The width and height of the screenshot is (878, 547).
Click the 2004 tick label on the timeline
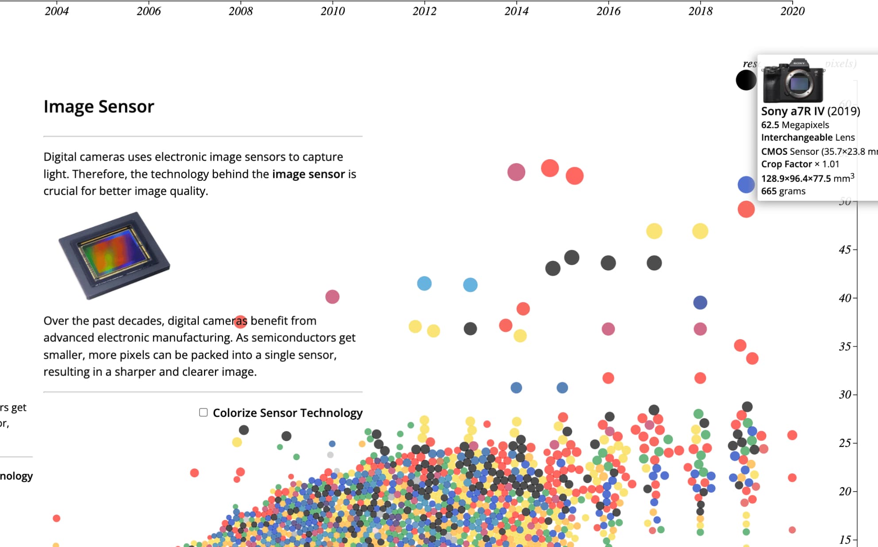tap(57, 11)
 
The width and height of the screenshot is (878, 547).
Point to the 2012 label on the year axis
tap(424, 11)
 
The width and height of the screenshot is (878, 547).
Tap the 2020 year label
tap(792, 11)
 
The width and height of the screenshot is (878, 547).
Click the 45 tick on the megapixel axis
tap(845, 250)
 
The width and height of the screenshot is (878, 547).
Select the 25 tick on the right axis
tap(845, 443)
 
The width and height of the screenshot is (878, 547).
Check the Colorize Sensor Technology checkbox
tap(204, 413)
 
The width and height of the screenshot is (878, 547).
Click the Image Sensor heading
tap(99, 107)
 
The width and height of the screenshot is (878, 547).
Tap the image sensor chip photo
tap(114, 255)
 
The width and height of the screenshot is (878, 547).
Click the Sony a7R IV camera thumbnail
tap(793, 81)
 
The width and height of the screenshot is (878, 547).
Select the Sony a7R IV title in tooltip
tap(810, 111)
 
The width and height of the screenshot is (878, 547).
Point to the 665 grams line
tap(783, 191)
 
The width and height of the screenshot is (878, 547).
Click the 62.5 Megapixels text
tap(795, 125)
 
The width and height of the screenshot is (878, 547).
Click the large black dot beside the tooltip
tap(746, 80)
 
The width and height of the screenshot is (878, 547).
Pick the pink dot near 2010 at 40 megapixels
tap(332, 297)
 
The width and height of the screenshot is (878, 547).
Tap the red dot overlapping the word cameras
tap(240, 321)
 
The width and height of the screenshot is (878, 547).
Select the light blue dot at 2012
tap(424, 283)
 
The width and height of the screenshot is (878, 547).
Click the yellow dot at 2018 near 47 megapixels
tap(700, 231)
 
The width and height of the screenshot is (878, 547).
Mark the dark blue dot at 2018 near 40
tap(700, 303)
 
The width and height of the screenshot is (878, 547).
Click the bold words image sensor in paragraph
tap(308, 174)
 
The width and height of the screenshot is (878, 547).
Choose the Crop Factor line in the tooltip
tap(800, 164)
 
